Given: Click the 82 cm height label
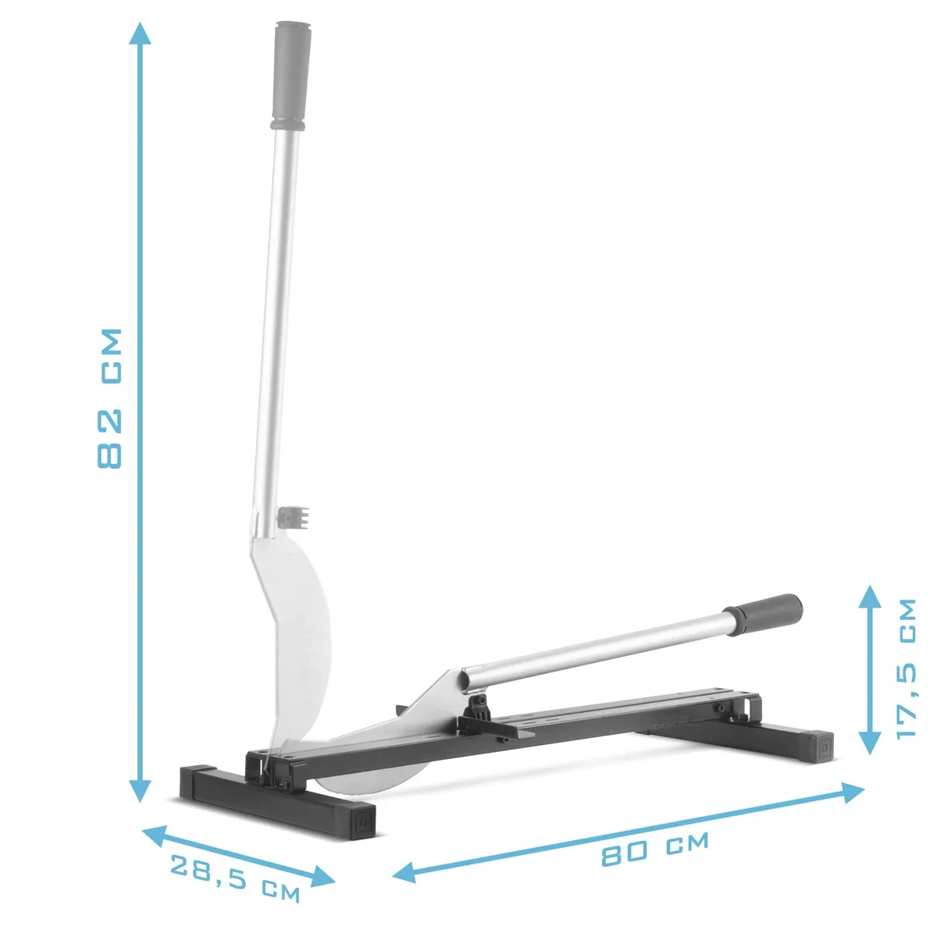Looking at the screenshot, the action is [109, 398].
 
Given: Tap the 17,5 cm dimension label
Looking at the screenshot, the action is [906, 668].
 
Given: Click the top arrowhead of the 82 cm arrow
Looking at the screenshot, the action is [140, 33].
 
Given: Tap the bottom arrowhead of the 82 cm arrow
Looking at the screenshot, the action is [141, 790].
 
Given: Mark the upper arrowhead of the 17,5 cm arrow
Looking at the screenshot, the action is [870, 596].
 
